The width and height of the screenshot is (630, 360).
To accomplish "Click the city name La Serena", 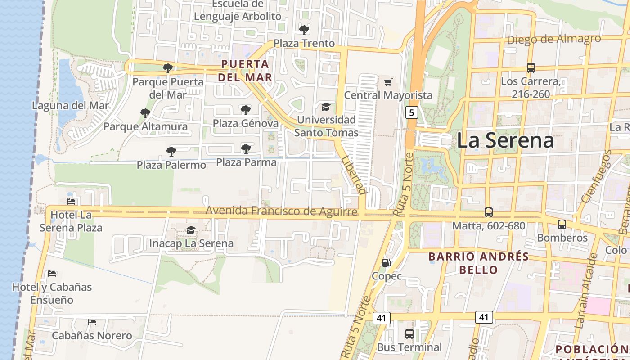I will [505, 140].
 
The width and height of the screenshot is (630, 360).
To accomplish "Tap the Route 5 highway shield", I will [411, 112].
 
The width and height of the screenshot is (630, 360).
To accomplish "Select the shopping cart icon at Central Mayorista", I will [388, 82].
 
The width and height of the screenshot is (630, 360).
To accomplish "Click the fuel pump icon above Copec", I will [386, 262].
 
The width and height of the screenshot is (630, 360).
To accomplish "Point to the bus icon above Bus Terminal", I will [409, 334].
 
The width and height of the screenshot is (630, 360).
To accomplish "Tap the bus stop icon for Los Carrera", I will [531, 68].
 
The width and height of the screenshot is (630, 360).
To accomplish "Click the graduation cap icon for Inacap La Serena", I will [191, 230].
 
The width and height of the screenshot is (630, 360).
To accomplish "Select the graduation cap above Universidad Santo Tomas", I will [326, 107].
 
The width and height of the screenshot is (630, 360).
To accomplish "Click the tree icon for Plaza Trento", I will [304, 30].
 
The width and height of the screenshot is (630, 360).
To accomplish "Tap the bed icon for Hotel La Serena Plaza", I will [71, 201].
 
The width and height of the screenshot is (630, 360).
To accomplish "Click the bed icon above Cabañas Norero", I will [92, 322].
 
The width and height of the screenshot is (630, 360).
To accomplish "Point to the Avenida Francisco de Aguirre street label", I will [281, 211].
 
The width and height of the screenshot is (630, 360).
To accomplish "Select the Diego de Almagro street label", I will [553, 39].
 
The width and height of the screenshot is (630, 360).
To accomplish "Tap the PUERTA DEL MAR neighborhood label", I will [245, 71].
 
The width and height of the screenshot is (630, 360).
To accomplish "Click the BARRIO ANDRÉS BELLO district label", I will [479, 263].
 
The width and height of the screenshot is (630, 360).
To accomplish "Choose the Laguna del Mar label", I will [71, 106].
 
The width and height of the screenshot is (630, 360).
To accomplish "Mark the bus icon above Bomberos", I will [562, 224].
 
